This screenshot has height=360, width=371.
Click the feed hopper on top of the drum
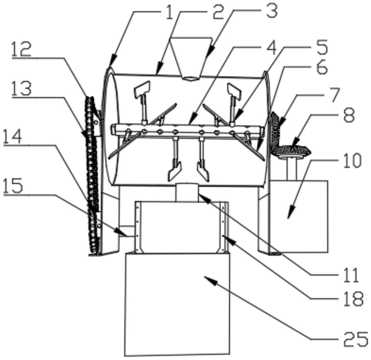[x=190, y=57]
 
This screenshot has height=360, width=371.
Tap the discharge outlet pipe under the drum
[x=187, y=192]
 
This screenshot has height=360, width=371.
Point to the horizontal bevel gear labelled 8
[x=291, y=149]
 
